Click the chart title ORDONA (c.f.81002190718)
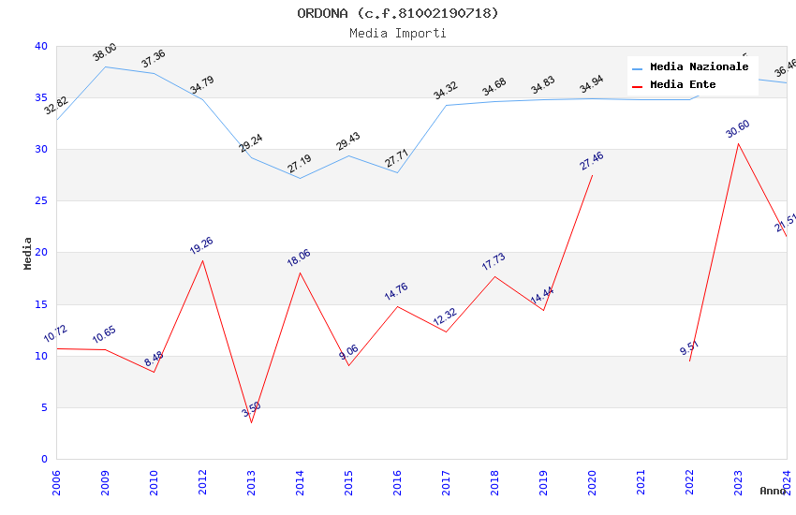tap(398, 13)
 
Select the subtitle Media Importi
tap(398, 33)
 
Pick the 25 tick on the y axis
tap(41, 201)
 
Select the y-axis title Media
tap(28, 253)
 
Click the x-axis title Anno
tap(773, 491)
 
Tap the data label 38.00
tap(105, 52)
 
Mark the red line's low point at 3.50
tap(251, 422)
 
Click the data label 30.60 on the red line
tap(738, 129)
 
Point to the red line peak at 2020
tap(592, 175)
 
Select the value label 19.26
tap(201, 246)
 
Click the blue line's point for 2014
tap(300, 178)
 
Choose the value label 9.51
tap(689, 348)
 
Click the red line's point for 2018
tap(494, 276)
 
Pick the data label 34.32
tap(445, 91)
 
